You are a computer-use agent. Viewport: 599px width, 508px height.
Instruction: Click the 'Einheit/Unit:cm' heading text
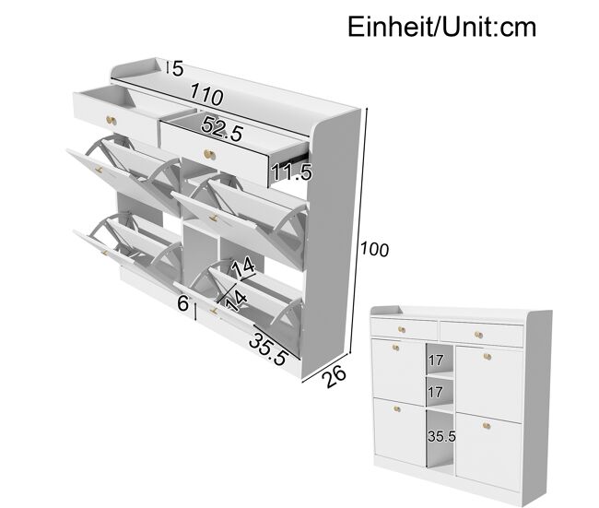pyautogui.click(x=442, y=27)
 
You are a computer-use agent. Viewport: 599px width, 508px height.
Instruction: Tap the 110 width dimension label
pyautogui.click(x=206, y=94)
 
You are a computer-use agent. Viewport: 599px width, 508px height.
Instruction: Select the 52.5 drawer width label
pyautogui.click(x=222, y=128)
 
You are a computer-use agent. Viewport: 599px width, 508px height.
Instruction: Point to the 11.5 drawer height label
pyautogui.click(x=291, y=171)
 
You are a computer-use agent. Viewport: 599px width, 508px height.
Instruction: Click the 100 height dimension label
pyautogui.click(x=375, y=249)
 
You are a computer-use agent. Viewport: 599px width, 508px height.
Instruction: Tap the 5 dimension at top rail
pyautogui.click(x=178, y=69)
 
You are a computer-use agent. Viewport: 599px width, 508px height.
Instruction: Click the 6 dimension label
pyautogui.click(x=183, y=303)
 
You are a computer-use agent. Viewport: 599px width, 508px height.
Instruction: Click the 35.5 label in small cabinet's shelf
pyautogui.click(x=441, y=436)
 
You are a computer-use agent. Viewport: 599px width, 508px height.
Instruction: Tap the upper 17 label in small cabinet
pyautogui.click(x=436, y=360)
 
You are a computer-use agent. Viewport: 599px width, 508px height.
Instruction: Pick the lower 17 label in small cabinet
pyautogui.click(x=436, y=392)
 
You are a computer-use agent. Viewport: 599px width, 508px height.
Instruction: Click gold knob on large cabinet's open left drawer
pyautogui.click(x=112, y=121)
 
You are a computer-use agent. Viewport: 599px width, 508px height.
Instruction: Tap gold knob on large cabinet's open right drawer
pyautogui.click(x=209, y=154)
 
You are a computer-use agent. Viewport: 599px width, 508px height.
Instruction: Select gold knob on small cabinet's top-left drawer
pyautogui.click(x=402, y=329)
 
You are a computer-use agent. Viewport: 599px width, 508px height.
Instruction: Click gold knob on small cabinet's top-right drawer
pyautogui.click(x=478, y=336)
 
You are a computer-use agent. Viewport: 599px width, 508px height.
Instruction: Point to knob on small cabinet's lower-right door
pyautogui.click(x=487, y=425)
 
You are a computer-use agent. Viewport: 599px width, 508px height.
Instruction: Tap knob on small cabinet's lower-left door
pyautogui.click(x=397, y=409)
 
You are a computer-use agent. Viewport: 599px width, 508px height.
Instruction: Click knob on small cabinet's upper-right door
pyautogui.click(x=487, y=357)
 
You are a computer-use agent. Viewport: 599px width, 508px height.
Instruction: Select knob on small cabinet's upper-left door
pyautogui.click(x=395, y=348)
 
